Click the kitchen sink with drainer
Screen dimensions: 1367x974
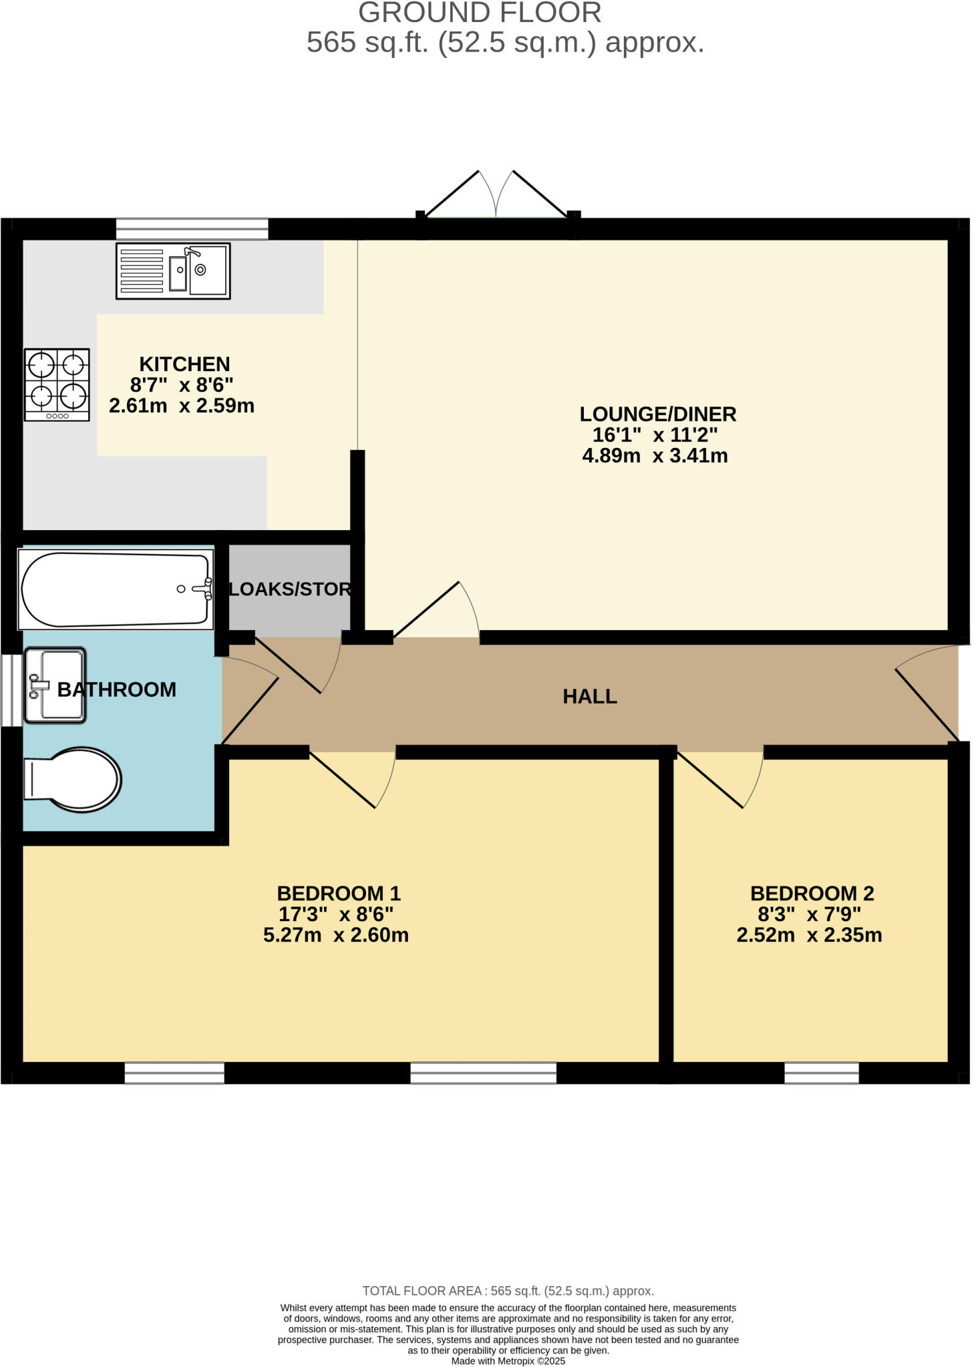pyautogui.click(x=172, y=270)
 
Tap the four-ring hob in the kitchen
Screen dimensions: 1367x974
pyautogui.click(x=57, y=384)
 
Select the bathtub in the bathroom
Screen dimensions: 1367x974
pyautogui.click(x=116, y=589)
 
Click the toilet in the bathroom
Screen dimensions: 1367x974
pyautogui.click(x=72, y=779)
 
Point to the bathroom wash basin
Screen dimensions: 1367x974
pyautogui.click(x=55, y=685)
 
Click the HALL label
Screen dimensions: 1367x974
pyautogui.click(x=589, y=696)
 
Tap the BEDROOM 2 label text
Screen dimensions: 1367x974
pyautogui.click(x=812, y=893)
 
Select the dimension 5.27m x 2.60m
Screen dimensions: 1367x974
pyautogui.click(x=335, y=934)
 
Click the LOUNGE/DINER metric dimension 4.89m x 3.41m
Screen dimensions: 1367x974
pyautogui.click(x=655, y=456)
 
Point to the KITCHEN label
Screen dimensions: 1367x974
pyautogui.click(x=184, y=364)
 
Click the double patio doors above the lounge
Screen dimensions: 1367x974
pyautogui.click(x=496, y=197)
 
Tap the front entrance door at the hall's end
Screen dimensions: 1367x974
pyautogui.click(x=929, y=694)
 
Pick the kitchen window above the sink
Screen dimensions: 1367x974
pyautogui.click(x=192, y=228)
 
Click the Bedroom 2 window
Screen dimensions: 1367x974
pyautogui.click(x=820, y=1073)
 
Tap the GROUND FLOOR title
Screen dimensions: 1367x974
pyautogui.click(x=480, y=13)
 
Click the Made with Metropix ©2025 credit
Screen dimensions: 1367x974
pyautogui.click(x=508, y=1360)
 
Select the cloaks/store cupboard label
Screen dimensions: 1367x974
pyautogui.click(x=289, y=589)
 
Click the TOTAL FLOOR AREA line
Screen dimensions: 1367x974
pyautogui.click(x=508, y=1291)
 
